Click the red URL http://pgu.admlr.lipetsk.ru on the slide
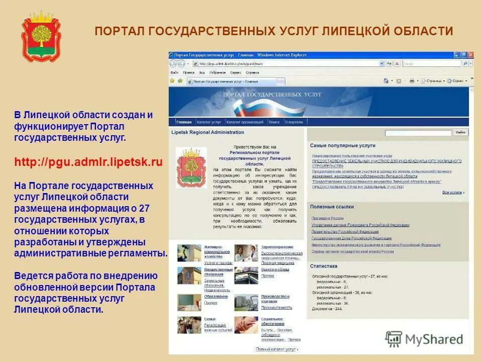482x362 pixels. click(x=88, y=162)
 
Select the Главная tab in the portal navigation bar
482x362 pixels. click(x=184, y=122)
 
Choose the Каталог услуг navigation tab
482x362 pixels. click(x=209, y=122)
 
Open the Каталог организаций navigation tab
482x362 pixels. click(x=245, y=122)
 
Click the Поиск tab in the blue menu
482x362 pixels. click(x=274, y=122)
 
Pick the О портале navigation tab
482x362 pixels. click(x=294, y=122)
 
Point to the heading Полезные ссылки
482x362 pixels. click(x=332, y=207)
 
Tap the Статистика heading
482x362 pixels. click(x=324, y=266)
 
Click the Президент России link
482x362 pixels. click(x=327, y=219)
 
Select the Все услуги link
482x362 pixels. click(x=452, y=193)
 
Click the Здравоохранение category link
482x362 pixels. click(x=277, y=247)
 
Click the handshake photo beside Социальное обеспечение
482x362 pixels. click(x=246, y=325)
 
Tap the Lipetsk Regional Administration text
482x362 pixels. click(x=207, y=133)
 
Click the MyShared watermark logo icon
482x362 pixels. click(x=394, y=338)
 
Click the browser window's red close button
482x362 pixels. click(x=470, y=54)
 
